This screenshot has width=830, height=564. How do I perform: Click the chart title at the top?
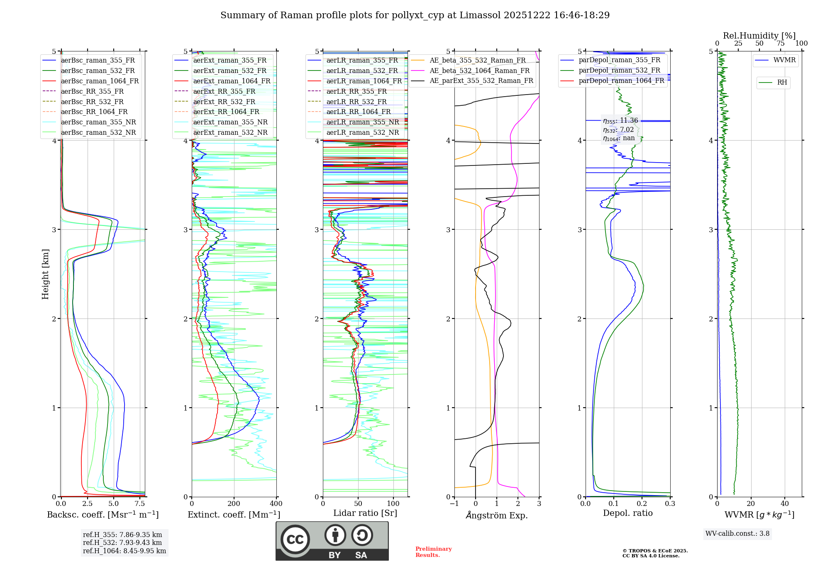415,15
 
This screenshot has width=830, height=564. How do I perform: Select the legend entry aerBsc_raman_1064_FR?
100,81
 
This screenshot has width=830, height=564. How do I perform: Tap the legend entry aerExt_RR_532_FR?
224,102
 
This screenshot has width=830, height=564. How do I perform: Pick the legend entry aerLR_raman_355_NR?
362,122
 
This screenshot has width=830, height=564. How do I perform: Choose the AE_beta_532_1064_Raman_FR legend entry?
479,70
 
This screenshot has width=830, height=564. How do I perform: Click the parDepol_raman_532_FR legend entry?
619,70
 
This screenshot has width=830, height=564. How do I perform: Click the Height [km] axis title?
45,274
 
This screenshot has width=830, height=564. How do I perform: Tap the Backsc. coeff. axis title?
103,515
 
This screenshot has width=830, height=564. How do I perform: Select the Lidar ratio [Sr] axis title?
365,513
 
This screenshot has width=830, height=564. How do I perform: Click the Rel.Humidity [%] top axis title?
759,36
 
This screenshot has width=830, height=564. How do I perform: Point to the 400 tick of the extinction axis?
276,504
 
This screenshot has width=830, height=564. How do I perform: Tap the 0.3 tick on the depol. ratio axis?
670,504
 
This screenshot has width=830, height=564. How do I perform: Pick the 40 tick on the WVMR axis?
784,504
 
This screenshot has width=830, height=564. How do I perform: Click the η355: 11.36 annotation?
620,121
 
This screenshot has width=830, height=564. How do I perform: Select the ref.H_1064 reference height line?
124,551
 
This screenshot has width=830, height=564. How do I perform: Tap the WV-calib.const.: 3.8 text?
737,534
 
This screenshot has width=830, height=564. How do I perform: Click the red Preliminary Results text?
433,552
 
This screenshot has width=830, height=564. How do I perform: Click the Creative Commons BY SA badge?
332,541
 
